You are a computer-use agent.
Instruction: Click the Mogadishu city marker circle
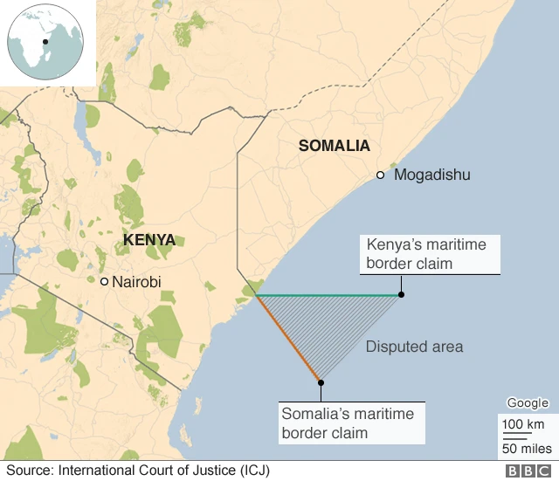tap(380, 175)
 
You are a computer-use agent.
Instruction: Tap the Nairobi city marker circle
tap(105, 282)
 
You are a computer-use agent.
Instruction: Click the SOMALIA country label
tap(334, 146)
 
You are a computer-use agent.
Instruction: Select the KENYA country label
tap(148, 240)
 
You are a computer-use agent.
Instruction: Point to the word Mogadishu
tap(431, 175)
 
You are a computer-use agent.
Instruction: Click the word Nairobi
tap(136, 282)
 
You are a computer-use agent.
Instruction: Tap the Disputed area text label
tap(414, 347)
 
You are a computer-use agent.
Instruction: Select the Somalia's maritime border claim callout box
tap(352, 423)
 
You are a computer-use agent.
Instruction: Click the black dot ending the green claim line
tap(401, 295)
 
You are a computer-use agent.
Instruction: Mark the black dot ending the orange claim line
tap(321, 381)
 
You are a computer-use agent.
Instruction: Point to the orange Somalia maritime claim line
tap(288, 340)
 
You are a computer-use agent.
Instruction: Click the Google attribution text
tap(528, 403)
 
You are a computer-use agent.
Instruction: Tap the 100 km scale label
tap(521, 424)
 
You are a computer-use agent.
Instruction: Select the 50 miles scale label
tap(525, 449)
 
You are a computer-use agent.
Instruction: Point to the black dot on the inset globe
tap(45, 41)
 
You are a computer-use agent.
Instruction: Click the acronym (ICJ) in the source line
tap(253, 471)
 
